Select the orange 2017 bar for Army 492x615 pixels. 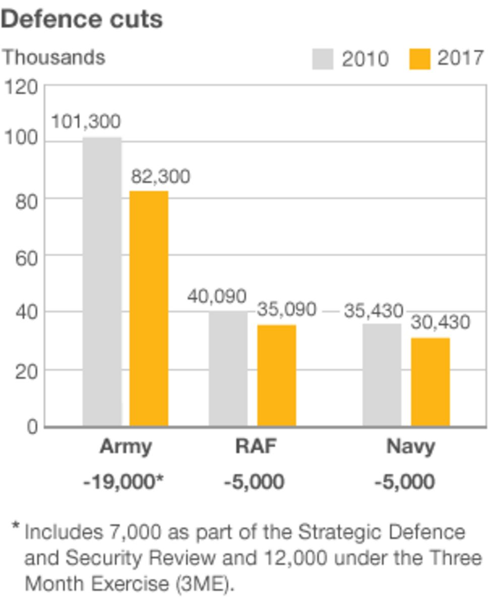[149, 309]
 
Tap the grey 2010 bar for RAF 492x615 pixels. [228, 368]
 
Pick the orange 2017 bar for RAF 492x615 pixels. [276, 376]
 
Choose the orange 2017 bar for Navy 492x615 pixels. [430, 382]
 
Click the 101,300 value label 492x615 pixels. [86, 121]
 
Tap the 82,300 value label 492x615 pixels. [160, 176]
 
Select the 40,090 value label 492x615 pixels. [217, 296]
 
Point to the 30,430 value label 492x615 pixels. [440, 322]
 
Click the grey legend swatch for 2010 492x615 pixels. [323, 59]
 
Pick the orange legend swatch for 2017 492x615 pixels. [420, 59]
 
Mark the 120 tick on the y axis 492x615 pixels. [21, 87]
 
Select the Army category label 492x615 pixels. [126, 447]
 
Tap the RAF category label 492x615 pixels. [256, 447]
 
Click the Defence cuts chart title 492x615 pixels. [82, 19]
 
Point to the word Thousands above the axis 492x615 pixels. [53, 57]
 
